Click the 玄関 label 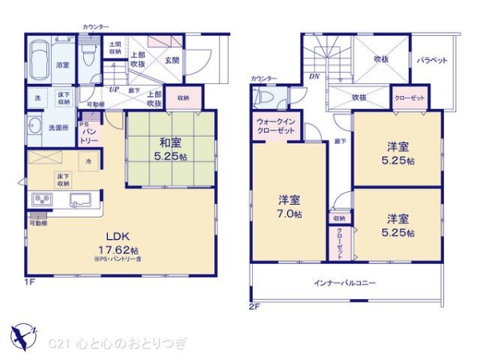coord(171,59)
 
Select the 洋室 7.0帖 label coord(290,207)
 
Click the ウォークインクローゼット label coord(274,126)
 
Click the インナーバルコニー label coord(345,283)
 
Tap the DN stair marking coord(314,77)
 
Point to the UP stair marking coord(114,89)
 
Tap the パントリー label coord(88,132)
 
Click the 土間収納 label coord(115,48)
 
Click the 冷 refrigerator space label coord(88,161)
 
